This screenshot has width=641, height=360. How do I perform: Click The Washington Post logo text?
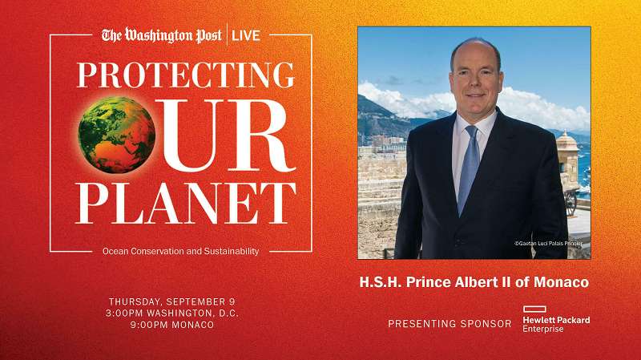[x=163, y=35]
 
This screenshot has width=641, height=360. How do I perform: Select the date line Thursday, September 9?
[x=173, y=301]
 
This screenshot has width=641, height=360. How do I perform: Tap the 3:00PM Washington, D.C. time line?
[x=173, y=313]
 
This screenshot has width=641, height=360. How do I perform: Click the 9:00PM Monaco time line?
[x=173, y=325]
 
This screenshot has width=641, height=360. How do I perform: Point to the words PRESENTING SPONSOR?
[x=450, y=324]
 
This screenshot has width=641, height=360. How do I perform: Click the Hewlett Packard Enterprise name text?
[x=556, y=324]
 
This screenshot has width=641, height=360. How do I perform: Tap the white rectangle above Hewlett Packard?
[x=535, y=309]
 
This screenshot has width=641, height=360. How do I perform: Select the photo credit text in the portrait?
[x=548, y=244]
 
